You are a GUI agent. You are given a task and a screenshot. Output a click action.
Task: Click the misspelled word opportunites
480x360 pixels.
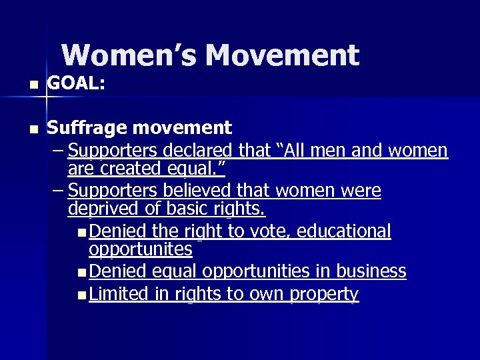[x=141, y=250]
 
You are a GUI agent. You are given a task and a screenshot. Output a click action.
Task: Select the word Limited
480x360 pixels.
[x=117, y=293]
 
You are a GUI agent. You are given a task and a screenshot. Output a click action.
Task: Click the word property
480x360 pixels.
[x=325, y=294]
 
